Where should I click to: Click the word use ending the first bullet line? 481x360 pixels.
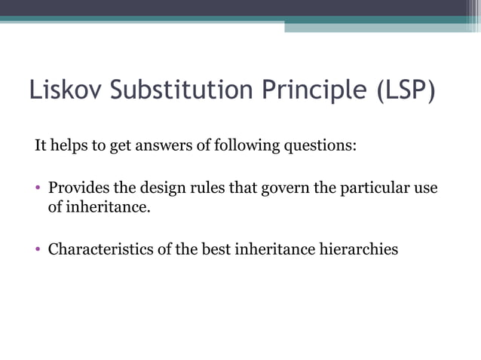pos(426,187)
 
